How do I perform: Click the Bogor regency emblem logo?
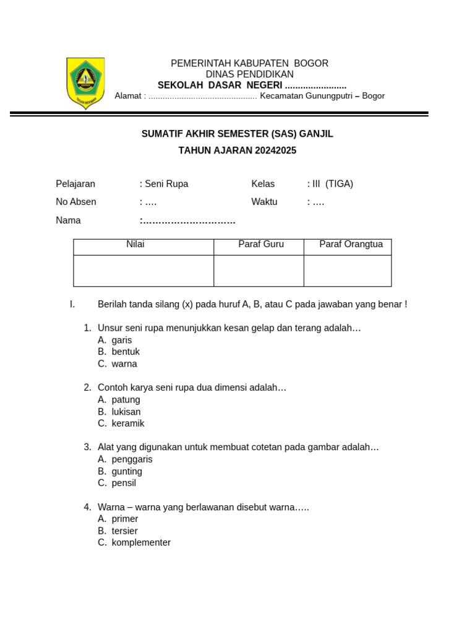(85, 83)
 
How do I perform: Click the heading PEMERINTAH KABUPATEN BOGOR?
(249, 63)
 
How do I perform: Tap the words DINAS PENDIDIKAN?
(249, 74)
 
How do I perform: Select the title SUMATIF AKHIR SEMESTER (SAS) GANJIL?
(237, 134)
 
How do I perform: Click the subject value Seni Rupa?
(166, 184)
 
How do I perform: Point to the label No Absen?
(76, 202)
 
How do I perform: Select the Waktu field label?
(264, 202)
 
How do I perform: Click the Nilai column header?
(135, 245)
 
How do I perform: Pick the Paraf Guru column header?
(261, 245)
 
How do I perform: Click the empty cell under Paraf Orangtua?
(348, 271)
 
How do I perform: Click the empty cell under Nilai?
(143, 271)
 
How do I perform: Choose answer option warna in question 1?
(124, 364)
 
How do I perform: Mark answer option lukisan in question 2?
(126, 412)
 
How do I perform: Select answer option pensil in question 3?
(124, 483)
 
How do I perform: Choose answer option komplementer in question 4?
(141, 542)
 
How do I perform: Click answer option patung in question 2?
(126, 400)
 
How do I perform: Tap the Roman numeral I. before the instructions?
(72, 304)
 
